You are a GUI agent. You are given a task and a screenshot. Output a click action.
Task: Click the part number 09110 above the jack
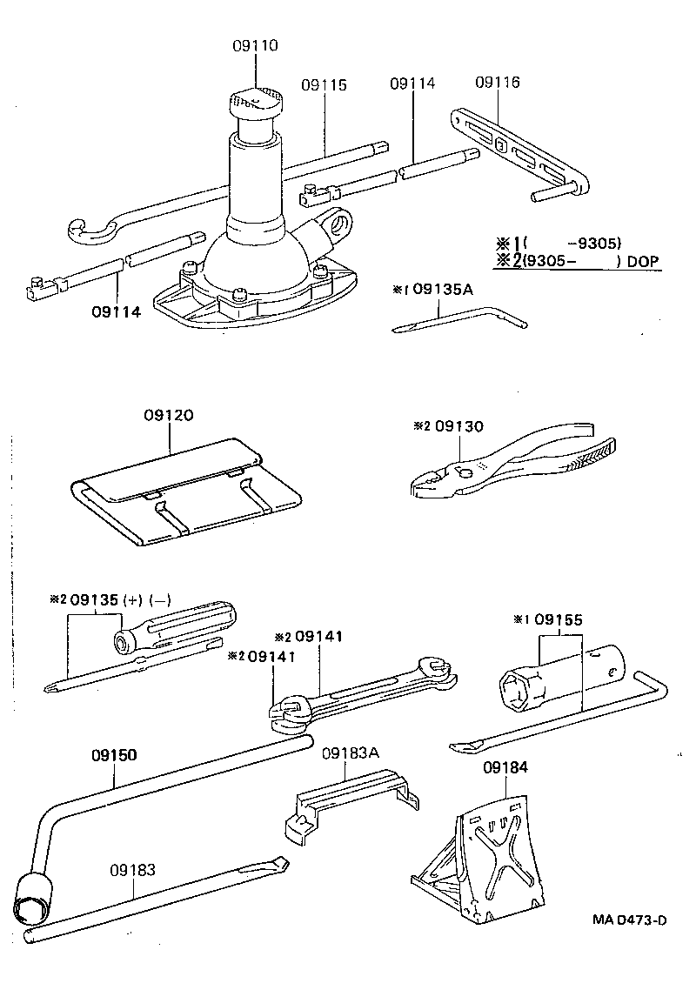[x=255, y=45]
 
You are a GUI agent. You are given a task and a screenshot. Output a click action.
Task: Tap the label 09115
[x=324, y=84]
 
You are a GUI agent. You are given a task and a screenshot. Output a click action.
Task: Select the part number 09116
[x=498, y=82]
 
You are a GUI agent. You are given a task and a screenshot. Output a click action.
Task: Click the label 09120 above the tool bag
[x=169, y=415]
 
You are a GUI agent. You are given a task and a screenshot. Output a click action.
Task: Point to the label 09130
[x=459, y=426]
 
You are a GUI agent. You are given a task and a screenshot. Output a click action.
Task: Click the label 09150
[x=114, y=754]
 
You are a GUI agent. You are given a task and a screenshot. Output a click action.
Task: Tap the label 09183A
[x=351, y=753]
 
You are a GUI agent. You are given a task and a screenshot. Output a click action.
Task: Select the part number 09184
[x=505, y=767]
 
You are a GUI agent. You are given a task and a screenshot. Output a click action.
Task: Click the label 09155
[x=559, y=619]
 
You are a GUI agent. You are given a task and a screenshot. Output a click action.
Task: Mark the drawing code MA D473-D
[x=629, y=920]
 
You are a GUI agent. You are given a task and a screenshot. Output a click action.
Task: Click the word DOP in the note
[x=643, y=261]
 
